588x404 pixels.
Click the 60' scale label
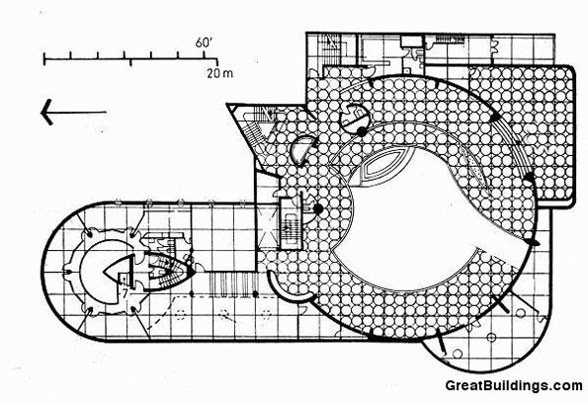(204, 42)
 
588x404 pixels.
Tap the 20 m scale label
(219, 73)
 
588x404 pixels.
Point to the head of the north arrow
(46, 112)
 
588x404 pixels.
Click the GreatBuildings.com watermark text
(514, 385)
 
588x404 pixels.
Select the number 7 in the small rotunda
(126, 292)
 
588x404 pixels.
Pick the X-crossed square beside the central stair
(268, 229)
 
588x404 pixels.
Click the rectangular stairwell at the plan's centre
(291, 225)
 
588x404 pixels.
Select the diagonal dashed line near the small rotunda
(162, 314)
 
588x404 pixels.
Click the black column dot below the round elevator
(361, 131)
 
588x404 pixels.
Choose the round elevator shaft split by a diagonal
(354, 116)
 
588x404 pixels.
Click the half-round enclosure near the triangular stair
(302, 151)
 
